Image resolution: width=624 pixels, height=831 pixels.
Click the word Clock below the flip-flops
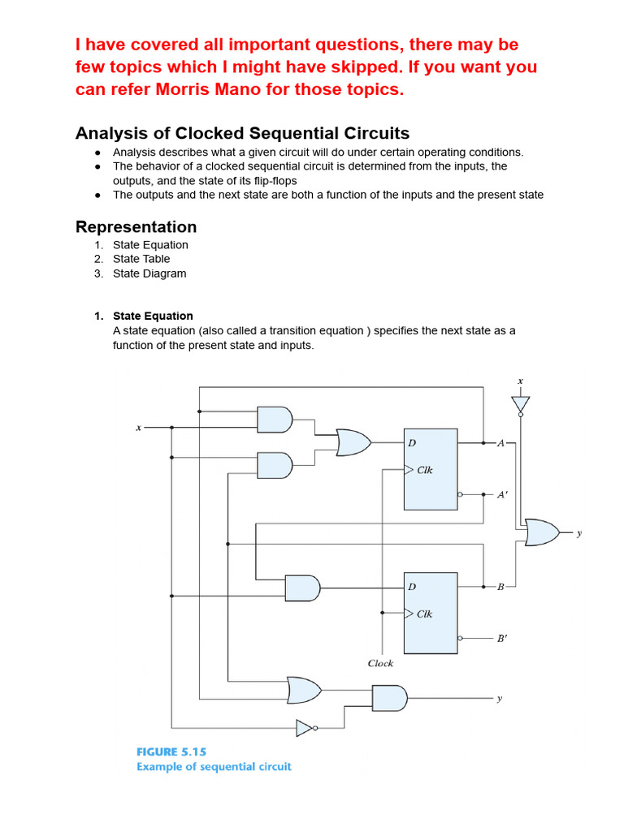coord(380,663)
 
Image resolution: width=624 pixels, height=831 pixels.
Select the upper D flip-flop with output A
coord(431,469)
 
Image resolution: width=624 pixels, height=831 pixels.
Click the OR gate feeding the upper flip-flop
coord(353,442)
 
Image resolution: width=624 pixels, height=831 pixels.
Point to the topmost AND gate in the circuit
coord(275,420)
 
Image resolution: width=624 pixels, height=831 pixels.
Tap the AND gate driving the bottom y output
coord(389,697)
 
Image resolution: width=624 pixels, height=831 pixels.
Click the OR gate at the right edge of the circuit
coord(542,532)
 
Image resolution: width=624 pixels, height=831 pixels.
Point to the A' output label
coord(503,494)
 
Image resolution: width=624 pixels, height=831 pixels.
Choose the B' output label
coord(503,638)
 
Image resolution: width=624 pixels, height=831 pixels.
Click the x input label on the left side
coord(138,427)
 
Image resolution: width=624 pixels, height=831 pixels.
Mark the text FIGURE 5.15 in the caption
coord(171,751)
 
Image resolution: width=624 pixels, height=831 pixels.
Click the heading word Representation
coord(136,226)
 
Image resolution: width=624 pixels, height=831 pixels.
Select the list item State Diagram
coord(149,273)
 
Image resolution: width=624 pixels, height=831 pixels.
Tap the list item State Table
coord(141,259)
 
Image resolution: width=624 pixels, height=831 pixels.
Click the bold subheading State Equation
coord(153,316)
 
